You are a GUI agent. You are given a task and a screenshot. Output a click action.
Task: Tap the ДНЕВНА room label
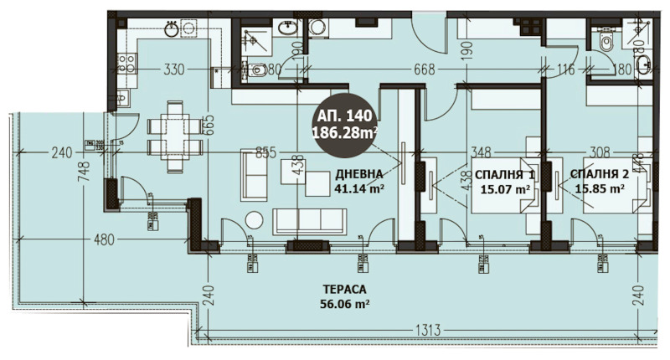tap(358, 174)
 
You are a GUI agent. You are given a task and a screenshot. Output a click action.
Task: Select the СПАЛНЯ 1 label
tap(504, 174)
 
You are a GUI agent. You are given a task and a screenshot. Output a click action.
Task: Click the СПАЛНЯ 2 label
tap(600, 174)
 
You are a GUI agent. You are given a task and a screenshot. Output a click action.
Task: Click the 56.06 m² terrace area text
tap(345, 305)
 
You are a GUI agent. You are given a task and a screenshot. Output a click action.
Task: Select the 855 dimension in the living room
tap(265, 152)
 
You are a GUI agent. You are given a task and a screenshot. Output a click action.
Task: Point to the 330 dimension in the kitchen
tap(173, 69)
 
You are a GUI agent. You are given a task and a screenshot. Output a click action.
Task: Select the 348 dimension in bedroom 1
tap(480, 152)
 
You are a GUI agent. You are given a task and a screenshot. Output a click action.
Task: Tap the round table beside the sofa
tap(254, 221)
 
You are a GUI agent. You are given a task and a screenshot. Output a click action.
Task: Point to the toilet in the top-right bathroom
tap(606, 41)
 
